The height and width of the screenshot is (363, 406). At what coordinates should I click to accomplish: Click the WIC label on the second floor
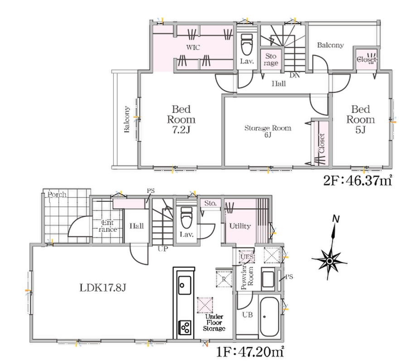(x=193, y=48)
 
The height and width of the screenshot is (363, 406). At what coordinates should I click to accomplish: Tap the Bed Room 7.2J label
(x=181, y=119)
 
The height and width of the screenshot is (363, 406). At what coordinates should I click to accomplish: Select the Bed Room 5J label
(x=361, y=119)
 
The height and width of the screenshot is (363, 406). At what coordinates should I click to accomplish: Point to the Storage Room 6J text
(x=268, y=131)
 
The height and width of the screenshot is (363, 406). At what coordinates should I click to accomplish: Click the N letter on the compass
(x=336, y=219)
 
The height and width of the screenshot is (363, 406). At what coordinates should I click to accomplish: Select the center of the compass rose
(x=329, y=261)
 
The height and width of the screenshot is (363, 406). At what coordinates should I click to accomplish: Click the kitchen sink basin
(x=184, y=285)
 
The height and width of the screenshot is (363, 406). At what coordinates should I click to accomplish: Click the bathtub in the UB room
(x=269, y=317)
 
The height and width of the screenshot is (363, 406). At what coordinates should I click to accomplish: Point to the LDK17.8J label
(x=102, y=288)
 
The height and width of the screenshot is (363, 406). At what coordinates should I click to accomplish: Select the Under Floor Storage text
(x=214, y=323)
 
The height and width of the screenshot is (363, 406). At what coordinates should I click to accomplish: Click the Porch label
(x=57, y=195)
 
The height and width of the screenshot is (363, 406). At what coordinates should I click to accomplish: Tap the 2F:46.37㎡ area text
(x=358, y=181)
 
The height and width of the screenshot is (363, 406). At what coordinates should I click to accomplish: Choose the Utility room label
(x=240, y=226)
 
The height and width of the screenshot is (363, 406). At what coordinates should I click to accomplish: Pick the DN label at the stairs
(x=295, y=75)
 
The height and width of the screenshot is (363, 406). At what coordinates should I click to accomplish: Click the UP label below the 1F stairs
(x=163, y=249)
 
